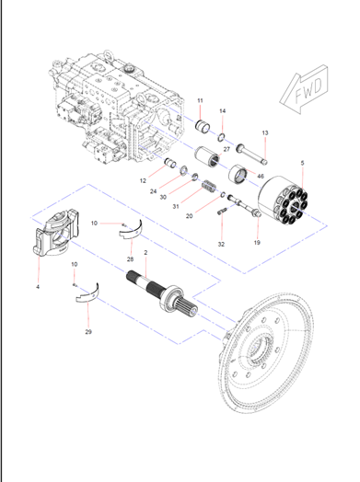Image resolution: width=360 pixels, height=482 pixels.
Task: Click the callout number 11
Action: click(x=200, y=100)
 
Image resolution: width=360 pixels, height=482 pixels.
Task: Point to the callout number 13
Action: click(x=263, y=133)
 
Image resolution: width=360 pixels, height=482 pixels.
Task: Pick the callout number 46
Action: click(x=260, y=175)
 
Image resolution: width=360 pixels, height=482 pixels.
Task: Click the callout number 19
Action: click(x=257, y=242)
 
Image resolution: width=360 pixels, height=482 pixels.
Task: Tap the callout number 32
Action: click(x=220, y=245)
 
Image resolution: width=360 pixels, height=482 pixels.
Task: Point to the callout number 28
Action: click(x=130, y=260)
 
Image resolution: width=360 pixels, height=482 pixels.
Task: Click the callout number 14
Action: click(x=221, y=110)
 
